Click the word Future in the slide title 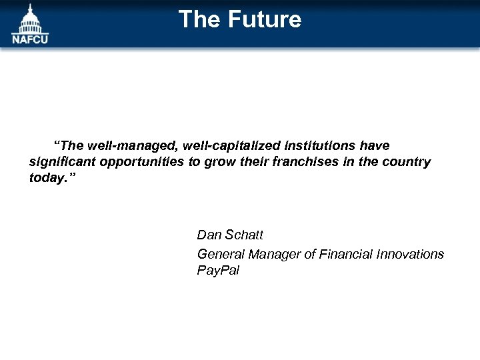(x=265, y=19)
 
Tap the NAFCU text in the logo (x=30, y=39)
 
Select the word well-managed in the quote (x=122, y=145)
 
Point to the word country (x=406, y=163)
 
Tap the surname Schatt (x=244, y=235)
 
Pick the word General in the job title (x=221, y=254)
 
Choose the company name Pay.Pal (x=218, y=271)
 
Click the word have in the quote (x=375, y=145)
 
